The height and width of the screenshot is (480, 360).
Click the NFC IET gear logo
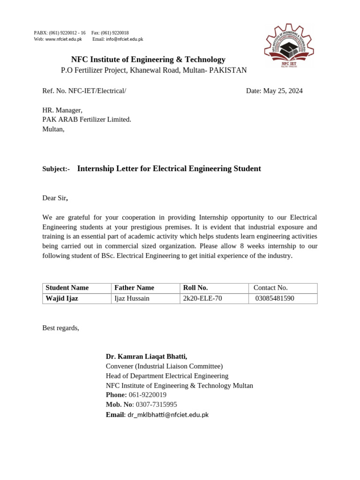[287, 46]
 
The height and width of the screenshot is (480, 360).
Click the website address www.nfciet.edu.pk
[63, 39]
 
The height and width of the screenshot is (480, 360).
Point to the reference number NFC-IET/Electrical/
[97, 91]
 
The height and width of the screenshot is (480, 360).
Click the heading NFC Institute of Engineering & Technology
[148, 60]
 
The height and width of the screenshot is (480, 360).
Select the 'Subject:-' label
[56, 169]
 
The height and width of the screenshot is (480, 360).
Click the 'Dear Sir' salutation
[55, 198]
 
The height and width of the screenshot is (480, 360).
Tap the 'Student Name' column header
[67, 288]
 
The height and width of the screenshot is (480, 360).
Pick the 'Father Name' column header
[134, 288]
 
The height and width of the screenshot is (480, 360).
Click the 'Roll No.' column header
[195, 288]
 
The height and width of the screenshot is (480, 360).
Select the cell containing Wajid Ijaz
[62, 298]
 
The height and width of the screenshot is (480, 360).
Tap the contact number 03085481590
[275, 298]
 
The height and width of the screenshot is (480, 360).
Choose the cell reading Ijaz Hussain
[132, 298]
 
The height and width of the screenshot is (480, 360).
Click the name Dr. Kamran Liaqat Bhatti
[146, 357]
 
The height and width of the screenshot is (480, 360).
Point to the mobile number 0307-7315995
[157, 405]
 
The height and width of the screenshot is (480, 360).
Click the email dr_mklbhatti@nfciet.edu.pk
[168, 415]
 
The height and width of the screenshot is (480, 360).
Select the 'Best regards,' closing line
[61, 328]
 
